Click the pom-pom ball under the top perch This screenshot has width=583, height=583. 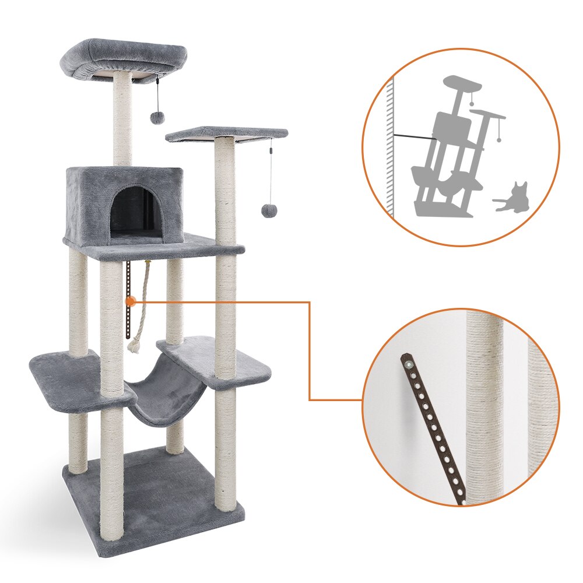point(157,117)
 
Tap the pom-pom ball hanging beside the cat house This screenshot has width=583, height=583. point(269,210)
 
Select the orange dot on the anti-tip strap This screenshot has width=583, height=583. point(130,301)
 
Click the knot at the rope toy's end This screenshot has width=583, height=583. point(134,347)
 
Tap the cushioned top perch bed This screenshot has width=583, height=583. point(124,57)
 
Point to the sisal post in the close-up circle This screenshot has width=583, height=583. point(484,408)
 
